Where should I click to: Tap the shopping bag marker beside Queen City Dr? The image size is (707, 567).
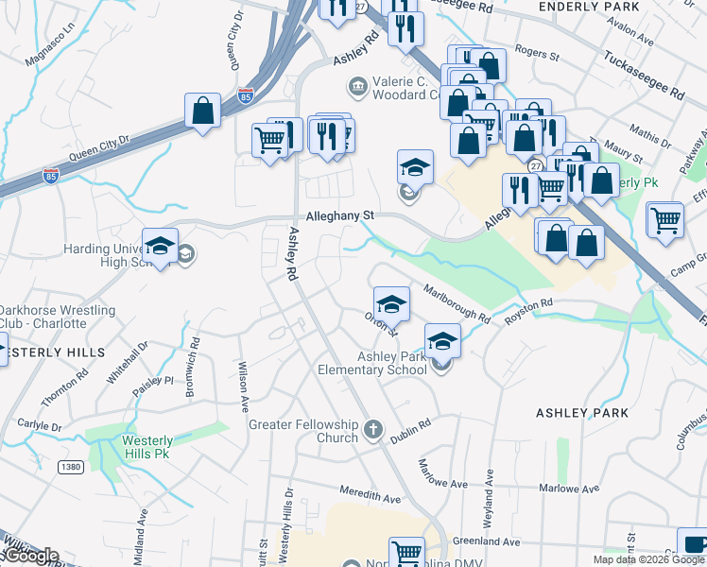pos(203,111)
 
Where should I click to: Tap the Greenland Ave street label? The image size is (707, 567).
pos(486,542)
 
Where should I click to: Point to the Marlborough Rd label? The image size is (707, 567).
pos(457,302)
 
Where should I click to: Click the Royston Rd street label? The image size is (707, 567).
pos(527,310)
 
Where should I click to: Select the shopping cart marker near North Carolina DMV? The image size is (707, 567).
pos(406,553)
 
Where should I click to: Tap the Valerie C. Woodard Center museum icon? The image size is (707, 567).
pos(358,88)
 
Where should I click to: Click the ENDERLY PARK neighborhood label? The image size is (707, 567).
pos(588,7)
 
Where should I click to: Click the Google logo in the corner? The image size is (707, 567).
pos(30,556)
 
